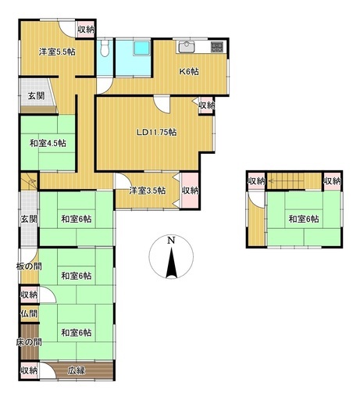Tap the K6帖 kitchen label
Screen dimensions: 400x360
[189, 71]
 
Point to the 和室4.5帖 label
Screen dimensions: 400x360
[48, 143]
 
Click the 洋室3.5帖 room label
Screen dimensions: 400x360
[147, 191]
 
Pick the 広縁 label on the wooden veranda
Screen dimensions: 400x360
[76, 370]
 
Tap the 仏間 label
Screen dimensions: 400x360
[28, 313]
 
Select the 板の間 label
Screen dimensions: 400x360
[27, 267]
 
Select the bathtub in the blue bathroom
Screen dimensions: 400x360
[143, 50]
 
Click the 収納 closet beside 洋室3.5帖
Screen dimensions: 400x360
[190, 191]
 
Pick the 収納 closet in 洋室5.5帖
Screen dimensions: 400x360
[86, 29]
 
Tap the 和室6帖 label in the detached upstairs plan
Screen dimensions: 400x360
[302, 219]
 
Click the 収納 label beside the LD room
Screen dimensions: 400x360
[205, 105]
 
